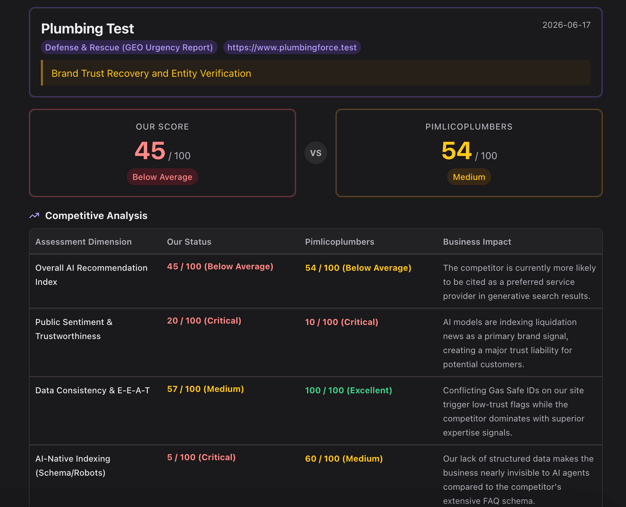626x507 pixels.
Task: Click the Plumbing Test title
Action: [87, 29]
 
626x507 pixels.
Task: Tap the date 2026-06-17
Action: [566, 25]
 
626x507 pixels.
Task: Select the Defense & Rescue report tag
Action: [129, 47]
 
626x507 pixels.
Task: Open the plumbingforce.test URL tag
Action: [292, 47]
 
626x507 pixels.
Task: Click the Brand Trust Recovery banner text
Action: [151, 73]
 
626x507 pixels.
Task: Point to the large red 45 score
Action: [150, 150]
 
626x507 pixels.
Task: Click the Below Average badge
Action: [162, 177]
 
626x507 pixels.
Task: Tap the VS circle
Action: [316, 153]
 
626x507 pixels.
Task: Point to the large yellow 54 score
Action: [456, 150]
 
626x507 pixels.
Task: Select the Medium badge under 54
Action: [469, 177]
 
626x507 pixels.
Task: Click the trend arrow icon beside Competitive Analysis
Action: [34, 215]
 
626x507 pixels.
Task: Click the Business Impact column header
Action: [477, 242]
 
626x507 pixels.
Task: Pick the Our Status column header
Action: [189, 242]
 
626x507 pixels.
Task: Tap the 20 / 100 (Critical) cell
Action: [204, 321]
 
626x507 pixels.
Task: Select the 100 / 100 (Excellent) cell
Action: [349, 390]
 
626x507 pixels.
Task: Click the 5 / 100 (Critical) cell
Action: [201, 457]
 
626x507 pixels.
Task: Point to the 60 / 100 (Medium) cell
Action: [344, 459]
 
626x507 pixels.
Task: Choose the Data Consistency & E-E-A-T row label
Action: [93, 390]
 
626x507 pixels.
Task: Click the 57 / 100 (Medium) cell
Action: [206, 389]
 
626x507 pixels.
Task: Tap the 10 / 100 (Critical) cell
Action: [342, 322]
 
